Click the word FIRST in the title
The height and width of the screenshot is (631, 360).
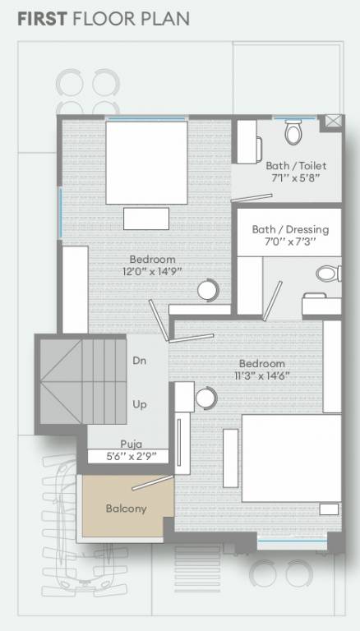tap(42, 17)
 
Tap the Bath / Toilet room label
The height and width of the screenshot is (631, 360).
tap(295, 165)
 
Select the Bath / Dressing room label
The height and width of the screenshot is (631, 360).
tap(290, 229)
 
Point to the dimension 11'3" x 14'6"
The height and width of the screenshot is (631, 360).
tap(261, 376)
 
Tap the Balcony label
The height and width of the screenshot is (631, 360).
tap(126, 509)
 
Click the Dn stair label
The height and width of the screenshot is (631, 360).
tap(140, 360)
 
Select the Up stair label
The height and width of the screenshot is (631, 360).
tap(140, 404)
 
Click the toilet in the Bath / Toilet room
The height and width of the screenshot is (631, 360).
tap(293, 131)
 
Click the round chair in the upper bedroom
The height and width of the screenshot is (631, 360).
tap(208, 290)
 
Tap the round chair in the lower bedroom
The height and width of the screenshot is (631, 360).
tap(205, 397)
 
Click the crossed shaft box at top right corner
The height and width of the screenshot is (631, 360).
tap(334, 121)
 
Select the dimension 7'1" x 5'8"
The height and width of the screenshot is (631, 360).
tap(293, 177)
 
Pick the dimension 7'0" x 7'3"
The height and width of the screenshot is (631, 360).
tap(290, 242)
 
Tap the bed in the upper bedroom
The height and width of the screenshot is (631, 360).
tap(146, 161)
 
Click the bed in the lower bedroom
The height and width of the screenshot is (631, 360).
tap(290, 458)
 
